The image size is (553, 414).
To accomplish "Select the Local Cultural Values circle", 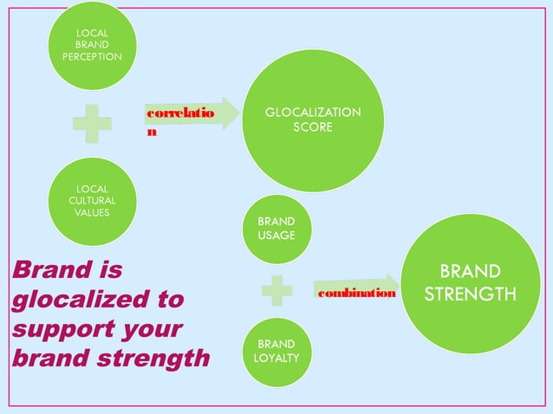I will point(92,200).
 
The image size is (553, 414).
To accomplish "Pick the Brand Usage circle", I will point(276,229).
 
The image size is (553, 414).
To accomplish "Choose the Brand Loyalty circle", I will point(276,352).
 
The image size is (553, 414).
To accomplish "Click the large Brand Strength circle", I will point(470,282).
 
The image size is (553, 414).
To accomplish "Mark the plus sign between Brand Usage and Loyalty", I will point(276,289).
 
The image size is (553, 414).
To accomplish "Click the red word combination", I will point(357,294).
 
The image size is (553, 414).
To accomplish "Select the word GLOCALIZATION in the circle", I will point(313,113).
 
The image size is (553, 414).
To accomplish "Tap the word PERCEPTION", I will point(92,56).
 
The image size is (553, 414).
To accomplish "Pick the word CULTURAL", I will point(92,200).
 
